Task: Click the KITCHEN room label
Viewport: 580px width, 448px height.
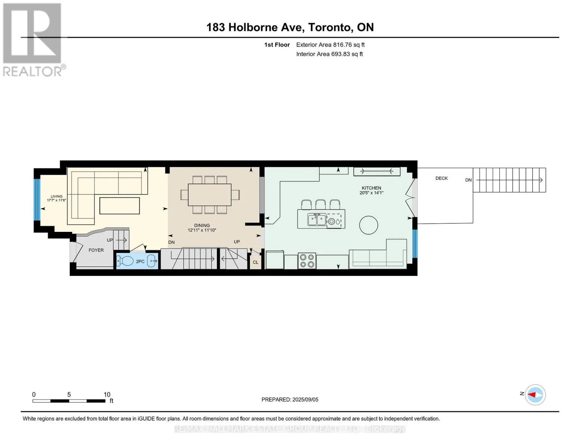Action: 371,188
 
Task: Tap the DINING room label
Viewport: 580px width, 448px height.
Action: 202,225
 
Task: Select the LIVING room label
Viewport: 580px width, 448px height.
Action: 56,196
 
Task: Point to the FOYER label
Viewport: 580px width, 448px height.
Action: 96,250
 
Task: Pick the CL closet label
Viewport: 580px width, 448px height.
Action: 255,262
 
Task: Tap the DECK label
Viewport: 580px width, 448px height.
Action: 441,178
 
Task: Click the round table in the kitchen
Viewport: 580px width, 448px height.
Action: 368,225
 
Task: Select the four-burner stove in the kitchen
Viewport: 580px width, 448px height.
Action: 307,261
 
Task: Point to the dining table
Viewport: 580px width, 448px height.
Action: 210,195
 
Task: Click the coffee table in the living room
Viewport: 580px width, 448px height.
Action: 120,206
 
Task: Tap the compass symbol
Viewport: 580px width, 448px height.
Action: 535,395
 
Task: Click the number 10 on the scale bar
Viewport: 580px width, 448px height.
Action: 107,394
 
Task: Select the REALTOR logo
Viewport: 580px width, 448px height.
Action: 34,40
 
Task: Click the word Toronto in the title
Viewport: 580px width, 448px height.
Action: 329,27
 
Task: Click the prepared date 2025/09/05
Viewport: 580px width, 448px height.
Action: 305,399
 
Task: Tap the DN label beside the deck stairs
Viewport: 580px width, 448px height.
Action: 468,180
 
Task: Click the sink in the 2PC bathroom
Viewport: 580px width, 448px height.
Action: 152,261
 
